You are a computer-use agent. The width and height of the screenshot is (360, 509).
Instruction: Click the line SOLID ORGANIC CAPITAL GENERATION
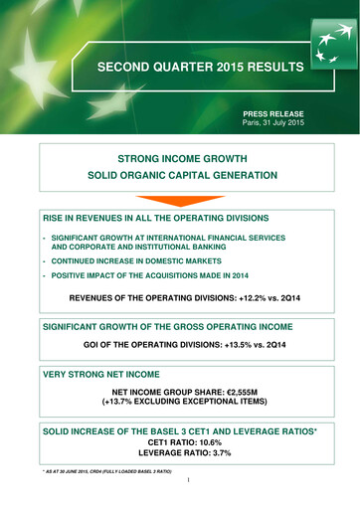pyautogui.click(x=179, y=176)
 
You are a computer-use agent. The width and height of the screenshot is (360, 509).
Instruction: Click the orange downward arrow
pyautogui.click(x=180, y=203)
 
